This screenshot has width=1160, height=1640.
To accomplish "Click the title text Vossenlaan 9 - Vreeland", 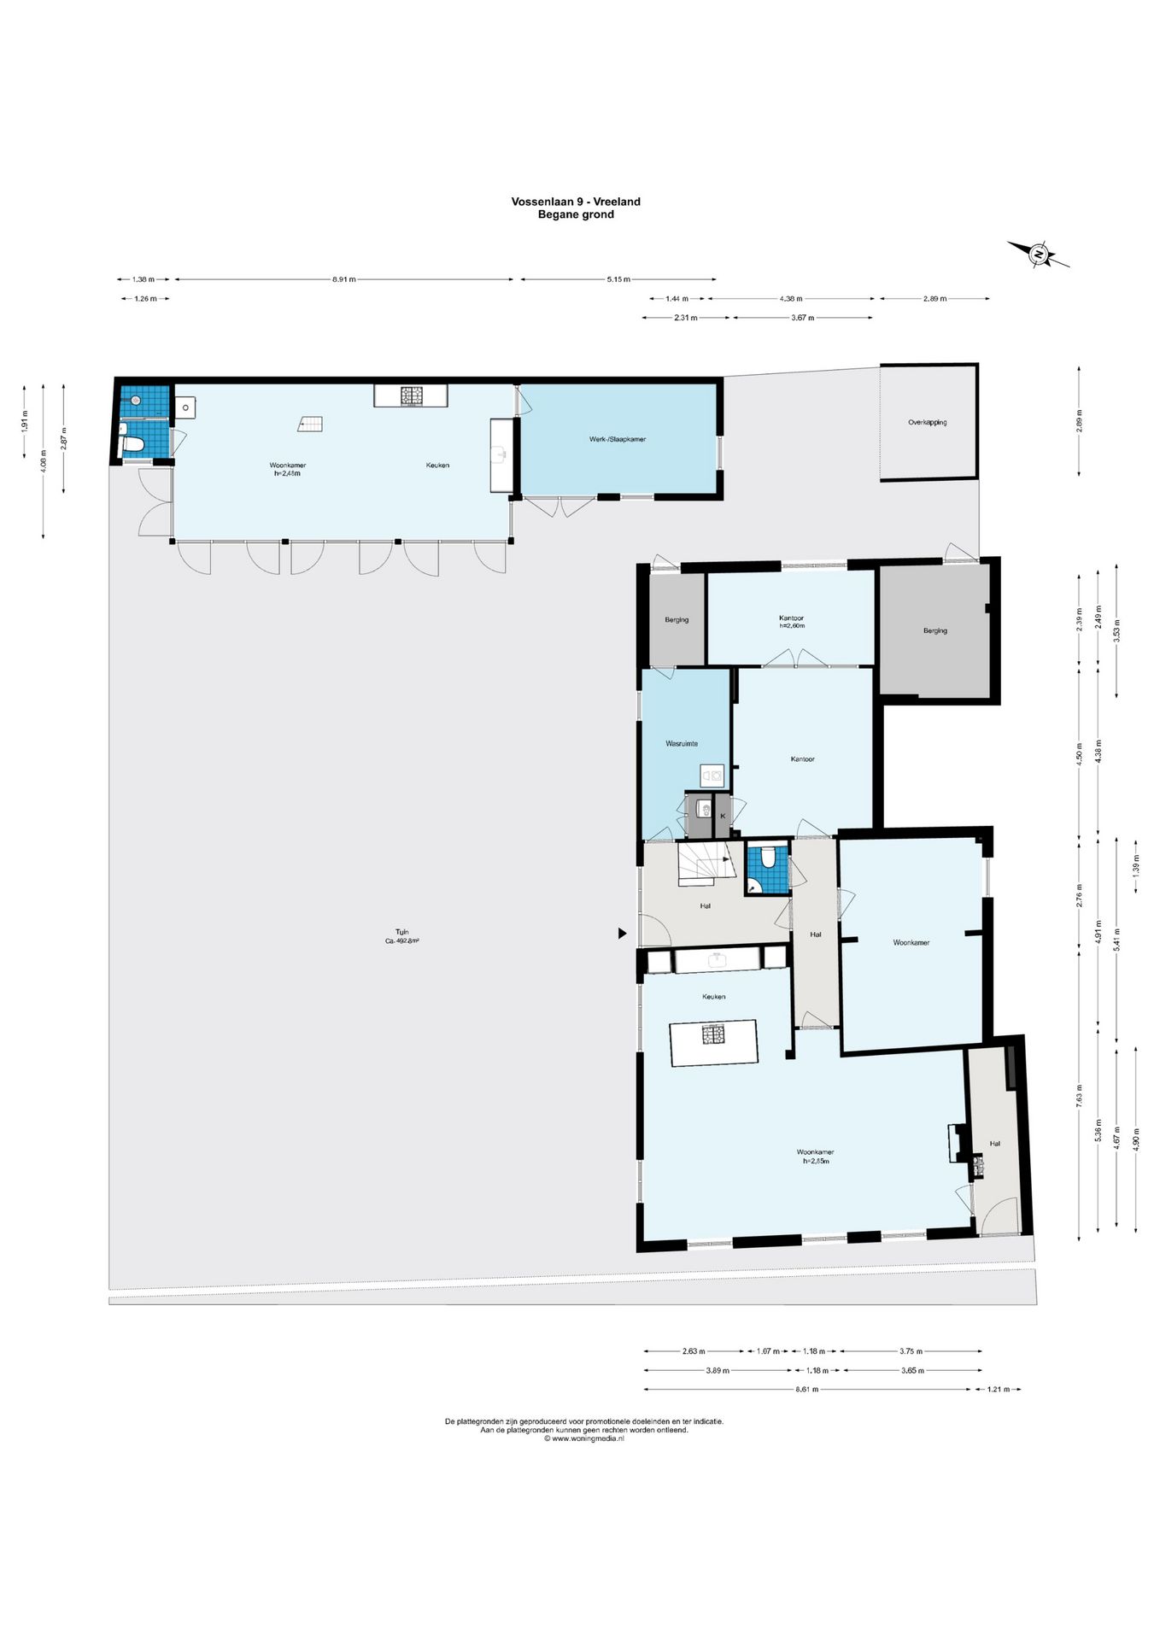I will coord(576,202).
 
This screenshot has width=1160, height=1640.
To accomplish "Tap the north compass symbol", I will coord(1039,254).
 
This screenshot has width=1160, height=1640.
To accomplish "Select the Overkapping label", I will coord(928,422).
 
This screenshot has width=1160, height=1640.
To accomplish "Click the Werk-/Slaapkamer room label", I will coord(618,439).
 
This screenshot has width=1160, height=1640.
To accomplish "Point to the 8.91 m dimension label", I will coord(344,279).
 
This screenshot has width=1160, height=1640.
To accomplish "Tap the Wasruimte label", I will coord(682,743).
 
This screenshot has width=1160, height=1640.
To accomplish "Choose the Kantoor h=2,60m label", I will coord(791,621).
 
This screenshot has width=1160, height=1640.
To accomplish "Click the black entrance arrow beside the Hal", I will coord(623,934).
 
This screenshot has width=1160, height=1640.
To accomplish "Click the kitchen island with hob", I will coord(714,1041).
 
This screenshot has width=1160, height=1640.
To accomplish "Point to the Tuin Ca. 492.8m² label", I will coord(401,936).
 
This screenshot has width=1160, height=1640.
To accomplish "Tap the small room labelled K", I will coord(723,816).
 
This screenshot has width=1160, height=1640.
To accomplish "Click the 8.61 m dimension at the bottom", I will coord(807,1389).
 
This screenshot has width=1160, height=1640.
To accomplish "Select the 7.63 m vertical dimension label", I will coord(1079,1100).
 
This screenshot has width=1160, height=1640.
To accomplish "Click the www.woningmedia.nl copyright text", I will coord(584,1438).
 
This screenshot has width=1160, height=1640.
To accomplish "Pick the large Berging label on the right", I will coord(934,630).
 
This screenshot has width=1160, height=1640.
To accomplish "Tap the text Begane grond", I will coord(576,214).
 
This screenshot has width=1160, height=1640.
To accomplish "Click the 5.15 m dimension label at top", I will coord(618,279).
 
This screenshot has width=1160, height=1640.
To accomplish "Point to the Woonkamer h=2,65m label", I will coord(815,1157).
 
